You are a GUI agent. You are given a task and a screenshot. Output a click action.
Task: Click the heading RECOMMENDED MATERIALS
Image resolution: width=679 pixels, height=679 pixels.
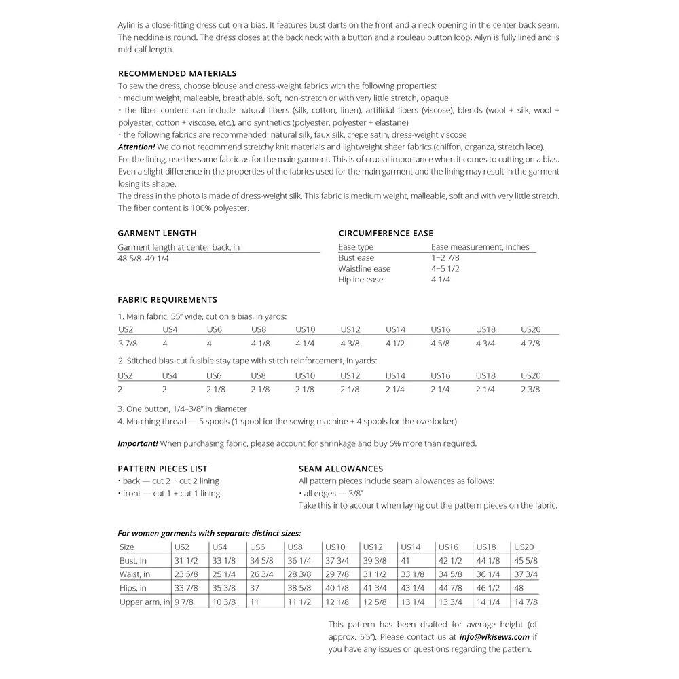[x=177, y=73]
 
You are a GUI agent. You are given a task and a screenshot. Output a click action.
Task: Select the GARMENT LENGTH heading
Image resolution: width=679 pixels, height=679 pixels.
[x=157, y=233]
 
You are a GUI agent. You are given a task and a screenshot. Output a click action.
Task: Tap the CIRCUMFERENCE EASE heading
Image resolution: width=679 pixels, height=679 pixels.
[x=386, y=233]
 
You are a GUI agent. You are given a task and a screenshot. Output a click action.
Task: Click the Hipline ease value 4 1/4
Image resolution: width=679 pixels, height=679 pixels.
[x=441, y=280]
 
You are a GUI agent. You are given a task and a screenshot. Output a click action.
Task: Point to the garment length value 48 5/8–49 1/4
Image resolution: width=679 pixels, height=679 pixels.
[x=143, y=258]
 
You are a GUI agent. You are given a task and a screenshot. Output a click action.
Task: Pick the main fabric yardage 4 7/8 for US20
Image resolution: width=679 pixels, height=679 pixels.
[x=530, y=344]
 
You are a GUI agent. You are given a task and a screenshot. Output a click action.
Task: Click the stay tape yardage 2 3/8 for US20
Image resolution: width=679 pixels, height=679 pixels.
[x=530, y=390]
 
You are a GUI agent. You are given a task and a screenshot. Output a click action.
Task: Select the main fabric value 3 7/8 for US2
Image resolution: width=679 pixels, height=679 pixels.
[x=127, y=344]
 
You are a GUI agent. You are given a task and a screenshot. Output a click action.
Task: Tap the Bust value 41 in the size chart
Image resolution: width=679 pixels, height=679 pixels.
[x=405, y=561]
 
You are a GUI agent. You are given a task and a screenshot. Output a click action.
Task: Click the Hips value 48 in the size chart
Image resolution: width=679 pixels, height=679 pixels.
[x=520, y=588]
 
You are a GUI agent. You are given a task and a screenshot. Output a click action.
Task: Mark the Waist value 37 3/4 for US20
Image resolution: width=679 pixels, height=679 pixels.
[x=526, y=574]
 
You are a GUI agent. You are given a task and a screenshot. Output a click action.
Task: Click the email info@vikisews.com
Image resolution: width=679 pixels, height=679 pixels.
[x=494, y=637]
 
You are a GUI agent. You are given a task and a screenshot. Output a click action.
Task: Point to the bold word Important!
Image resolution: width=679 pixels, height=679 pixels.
[x=138, y=443]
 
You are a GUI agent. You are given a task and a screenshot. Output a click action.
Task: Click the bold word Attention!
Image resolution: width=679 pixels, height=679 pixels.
[x=136, y=147]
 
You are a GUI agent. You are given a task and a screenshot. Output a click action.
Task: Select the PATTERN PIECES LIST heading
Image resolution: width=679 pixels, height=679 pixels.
[x=162, y=469]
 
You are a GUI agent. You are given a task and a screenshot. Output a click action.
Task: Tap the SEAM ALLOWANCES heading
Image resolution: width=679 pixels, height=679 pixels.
[x=341, y=469]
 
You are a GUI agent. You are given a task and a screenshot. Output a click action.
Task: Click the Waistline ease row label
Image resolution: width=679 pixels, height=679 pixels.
[x=365, y=269]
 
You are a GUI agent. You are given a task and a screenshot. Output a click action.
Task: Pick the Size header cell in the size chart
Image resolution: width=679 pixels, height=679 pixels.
[x=127, y=547]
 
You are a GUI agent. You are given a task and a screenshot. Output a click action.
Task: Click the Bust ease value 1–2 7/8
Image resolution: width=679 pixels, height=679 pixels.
[x=445, y=258]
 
